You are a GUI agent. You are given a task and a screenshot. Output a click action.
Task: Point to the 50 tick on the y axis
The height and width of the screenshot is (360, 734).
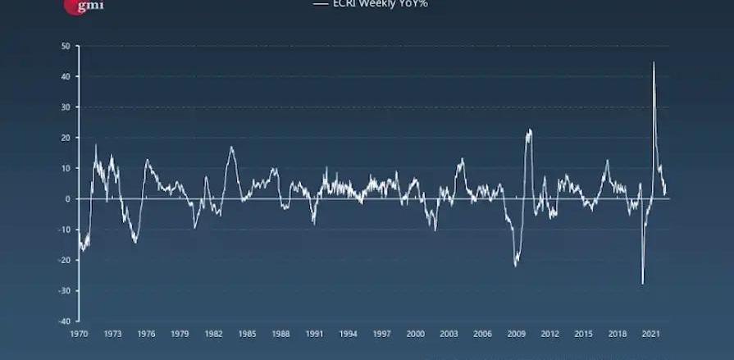65,46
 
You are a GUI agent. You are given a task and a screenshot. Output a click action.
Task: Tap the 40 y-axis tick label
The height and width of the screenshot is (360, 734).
65,76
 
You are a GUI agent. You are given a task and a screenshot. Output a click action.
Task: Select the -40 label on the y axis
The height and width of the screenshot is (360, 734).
63,321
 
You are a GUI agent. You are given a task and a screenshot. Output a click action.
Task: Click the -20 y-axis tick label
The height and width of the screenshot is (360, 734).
63,260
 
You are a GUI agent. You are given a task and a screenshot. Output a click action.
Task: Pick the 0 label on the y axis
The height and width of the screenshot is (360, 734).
67,198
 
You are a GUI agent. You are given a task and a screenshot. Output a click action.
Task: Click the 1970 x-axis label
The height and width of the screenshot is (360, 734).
79,334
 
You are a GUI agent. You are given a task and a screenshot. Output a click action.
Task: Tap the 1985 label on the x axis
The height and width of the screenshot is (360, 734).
247,334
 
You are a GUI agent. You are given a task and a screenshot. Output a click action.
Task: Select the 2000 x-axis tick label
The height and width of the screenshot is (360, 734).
415,334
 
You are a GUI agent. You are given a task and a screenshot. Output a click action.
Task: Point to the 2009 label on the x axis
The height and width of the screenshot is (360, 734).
516,334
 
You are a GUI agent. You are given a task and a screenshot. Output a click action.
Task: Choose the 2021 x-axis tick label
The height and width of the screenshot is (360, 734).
650,334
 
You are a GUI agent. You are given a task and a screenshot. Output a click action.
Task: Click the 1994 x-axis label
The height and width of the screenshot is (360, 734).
348,334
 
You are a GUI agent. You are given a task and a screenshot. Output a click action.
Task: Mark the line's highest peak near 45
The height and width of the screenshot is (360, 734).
654,62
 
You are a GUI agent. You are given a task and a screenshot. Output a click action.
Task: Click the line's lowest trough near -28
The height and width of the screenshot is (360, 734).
642,284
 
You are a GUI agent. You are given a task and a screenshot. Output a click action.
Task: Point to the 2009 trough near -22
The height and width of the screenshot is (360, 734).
516,266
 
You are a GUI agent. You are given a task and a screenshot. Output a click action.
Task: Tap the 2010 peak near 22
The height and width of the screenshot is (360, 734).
530,130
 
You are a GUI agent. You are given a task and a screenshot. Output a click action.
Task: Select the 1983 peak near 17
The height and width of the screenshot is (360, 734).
231,147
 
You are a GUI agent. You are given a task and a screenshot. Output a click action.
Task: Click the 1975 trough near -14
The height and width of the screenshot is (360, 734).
134,242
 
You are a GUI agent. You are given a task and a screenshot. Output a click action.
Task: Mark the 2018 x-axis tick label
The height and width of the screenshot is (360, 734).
617,334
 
